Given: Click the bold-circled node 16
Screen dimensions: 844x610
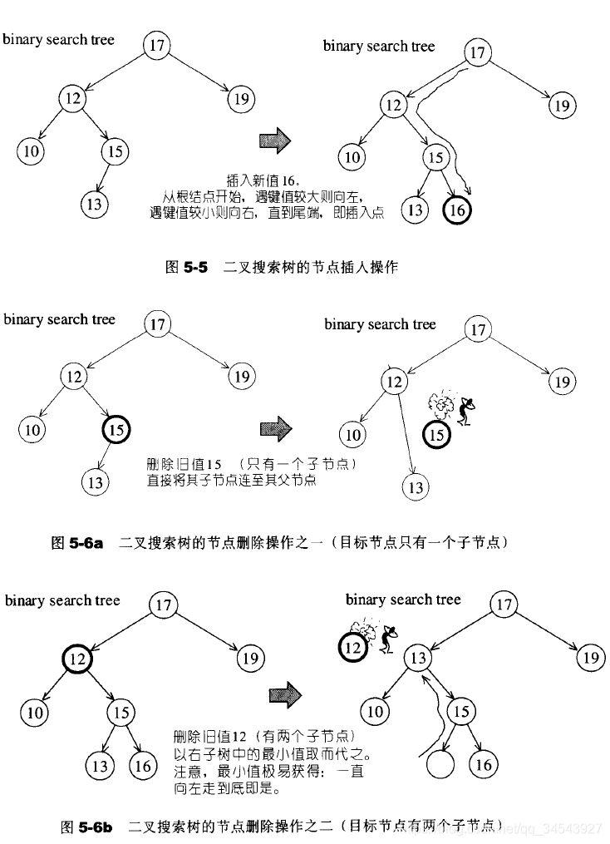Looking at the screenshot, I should click(457, 210).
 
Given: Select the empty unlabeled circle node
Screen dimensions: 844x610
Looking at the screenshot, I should click(440, 763).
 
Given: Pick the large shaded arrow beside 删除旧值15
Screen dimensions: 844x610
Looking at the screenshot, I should click(277, 429).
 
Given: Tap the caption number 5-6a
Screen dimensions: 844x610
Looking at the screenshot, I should click(87, 543).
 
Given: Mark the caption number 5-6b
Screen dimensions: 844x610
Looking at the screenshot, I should click(96, 827).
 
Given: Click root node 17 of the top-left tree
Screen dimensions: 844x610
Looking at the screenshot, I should click(156, 45).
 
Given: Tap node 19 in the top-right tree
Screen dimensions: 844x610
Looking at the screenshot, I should click(563, 106).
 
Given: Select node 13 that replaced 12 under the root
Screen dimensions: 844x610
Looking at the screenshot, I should click(421, 659).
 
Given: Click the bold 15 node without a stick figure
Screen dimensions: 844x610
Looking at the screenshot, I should click(116, 430).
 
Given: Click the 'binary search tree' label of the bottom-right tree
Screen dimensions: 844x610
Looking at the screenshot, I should click(403, 600).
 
